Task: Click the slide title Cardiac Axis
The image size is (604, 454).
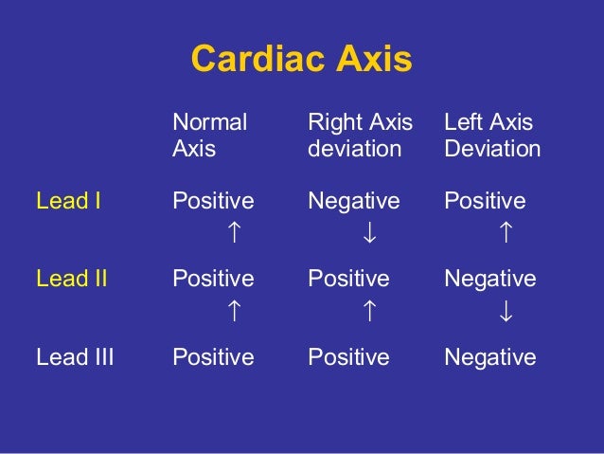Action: [301, 60]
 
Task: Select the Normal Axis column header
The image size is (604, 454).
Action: [209, 136]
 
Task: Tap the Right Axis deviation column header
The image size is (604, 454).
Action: [361, 136]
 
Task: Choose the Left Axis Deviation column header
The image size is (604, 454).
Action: [492, 136]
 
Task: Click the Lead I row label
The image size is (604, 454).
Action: [68, 201]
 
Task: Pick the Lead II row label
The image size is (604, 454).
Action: [71, 279]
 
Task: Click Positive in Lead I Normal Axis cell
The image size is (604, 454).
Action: [213, 201]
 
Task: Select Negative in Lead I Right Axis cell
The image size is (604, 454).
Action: [354, 201]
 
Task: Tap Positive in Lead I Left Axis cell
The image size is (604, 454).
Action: [485, 201]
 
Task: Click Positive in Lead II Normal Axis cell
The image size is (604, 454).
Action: [213, 279]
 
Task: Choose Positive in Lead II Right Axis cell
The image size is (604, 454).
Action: [348, 279]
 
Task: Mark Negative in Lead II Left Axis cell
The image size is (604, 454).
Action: [490, 279]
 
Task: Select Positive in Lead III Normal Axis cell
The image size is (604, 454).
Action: [213, 357]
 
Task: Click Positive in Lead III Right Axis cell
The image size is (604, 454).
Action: [348, 357]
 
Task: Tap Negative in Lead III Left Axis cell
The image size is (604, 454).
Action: [490, 357]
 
